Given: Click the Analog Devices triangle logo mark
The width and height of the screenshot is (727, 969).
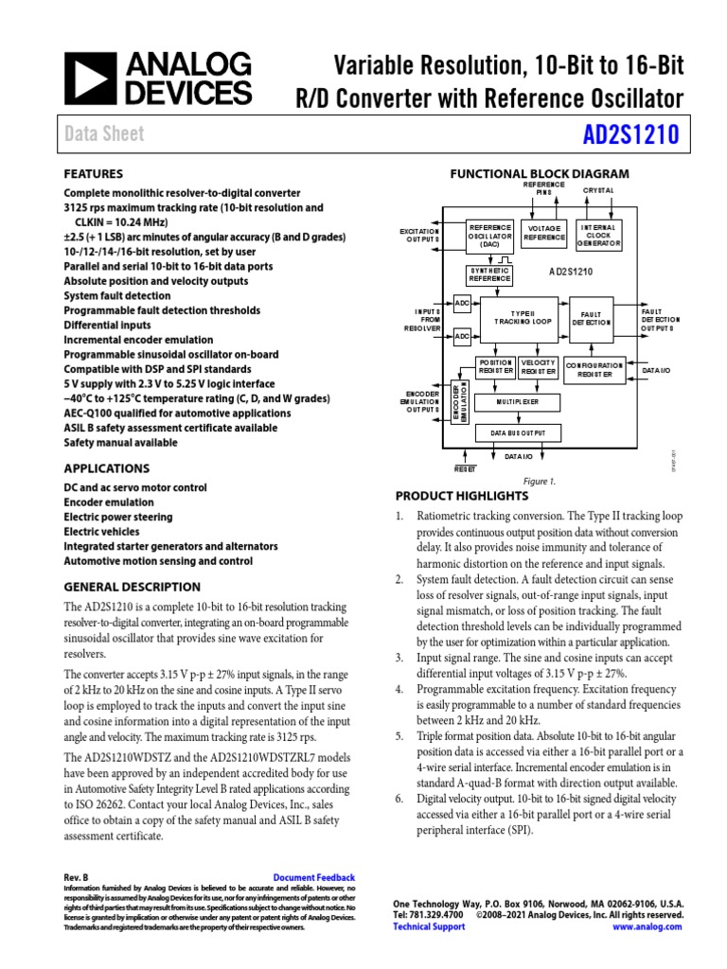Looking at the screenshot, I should (x=87, y=78).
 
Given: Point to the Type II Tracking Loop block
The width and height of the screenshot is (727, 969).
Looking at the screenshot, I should (x=523, y=319).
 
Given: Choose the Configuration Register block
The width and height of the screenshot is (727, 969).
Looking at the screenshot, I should (x=594, y=370).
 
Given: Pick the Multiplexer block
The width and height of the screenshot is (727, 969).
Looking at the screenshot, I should (x=517, y=402).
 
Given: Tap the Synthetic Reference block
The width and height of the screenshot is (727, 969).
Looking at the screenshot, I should (x=489, y=274).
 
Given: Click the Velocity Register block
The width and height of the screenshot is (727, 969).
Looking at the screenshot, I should (x=538, y=367).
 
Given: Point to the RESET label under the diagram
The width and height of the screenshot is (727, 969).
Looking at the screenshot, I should (x=465, y=468).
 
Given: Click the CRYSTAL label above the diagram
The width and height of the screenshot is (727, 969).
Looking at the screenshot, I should (x=598, y=190).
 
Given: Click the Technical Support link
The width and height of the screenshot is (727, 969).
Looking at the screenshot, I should (x=429, y=926).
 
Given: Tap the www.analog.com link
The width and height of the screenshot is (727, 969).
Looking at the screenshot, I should (x=647, y=926).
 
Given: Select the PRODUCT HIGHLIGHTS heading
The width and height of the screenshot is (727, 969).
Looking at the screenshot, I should (x=461, y=496).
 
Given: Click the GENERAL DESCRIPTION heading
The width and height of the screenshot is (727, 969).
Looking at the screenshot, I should (x=132, y=587).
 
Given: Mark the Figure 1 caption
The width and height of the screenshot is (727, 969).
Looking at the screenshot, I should (x=540, y=481).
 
